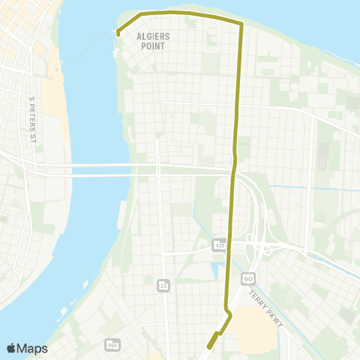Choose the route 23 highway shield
tap(163, 285)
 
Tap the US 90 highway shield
tap(247, 277)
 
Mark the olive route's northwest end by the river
tap(118, 32)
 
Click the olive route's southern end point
tap(207, 346)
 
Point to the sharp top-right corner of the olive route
tap(241, 24)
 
